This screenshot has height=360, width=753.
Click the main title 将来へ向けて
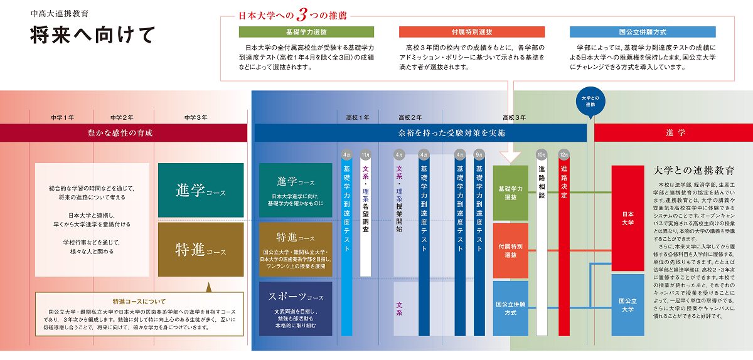click(x=92, y=35)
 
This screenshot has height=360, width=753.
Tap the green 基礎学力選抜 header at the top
click(x=297, y=32)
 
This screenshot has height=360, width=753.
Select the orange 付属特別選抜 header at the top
click(x=472, y=32)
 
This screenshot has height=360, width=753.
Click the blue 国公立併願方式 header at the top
click(x=643, y=32)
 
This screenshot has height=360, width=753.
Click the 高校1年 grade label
click(x=358, y=117)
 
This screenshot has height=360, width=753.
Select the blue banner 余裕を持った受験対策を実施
click(x=420, y=133)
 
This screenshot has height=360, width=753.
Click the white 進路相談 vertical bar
click(x=542, y=245)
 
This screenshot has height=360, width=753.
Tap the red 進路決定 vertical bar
click(x=563, y=245)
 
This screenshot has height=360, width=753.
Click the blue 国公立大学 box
click(x=627, y=305)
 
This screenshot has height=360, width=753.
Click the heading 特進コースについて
click(x=139, y=302)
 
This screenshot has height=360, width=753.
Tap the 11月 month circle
click(x=366, y=154)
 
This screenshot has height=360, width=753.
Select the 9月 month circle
click(x=479, y=154)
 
